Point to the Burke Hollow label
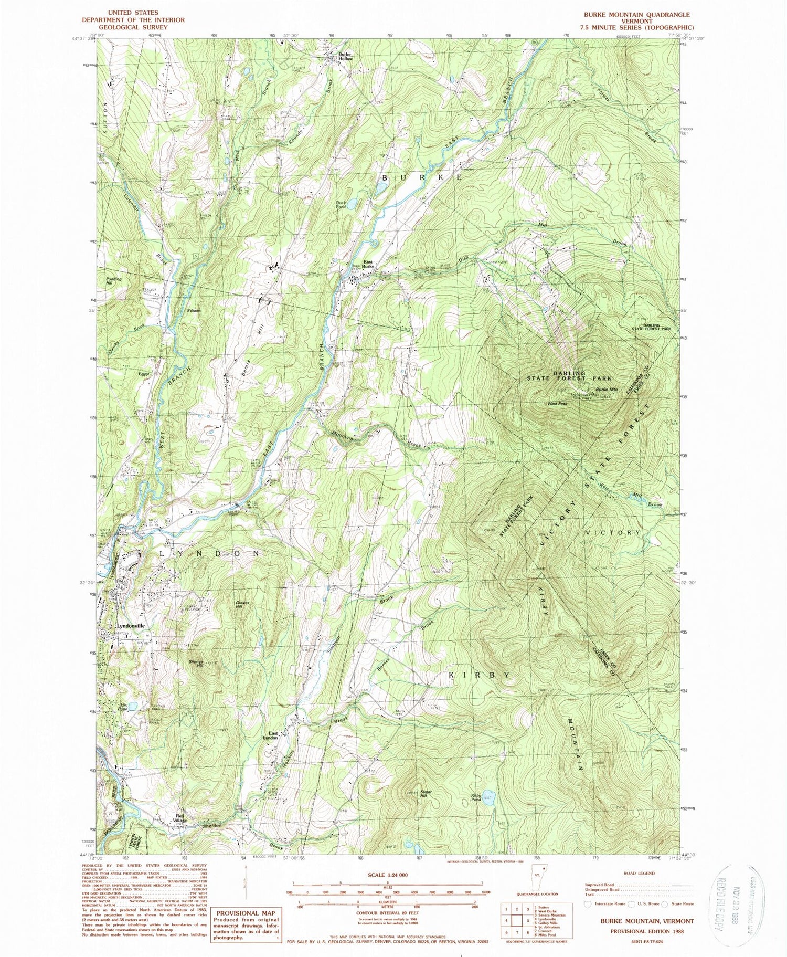click(x=345, y=56)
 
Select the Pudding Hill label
click(x=113, y=281)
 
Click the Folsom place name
click(x=194, y=310)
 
